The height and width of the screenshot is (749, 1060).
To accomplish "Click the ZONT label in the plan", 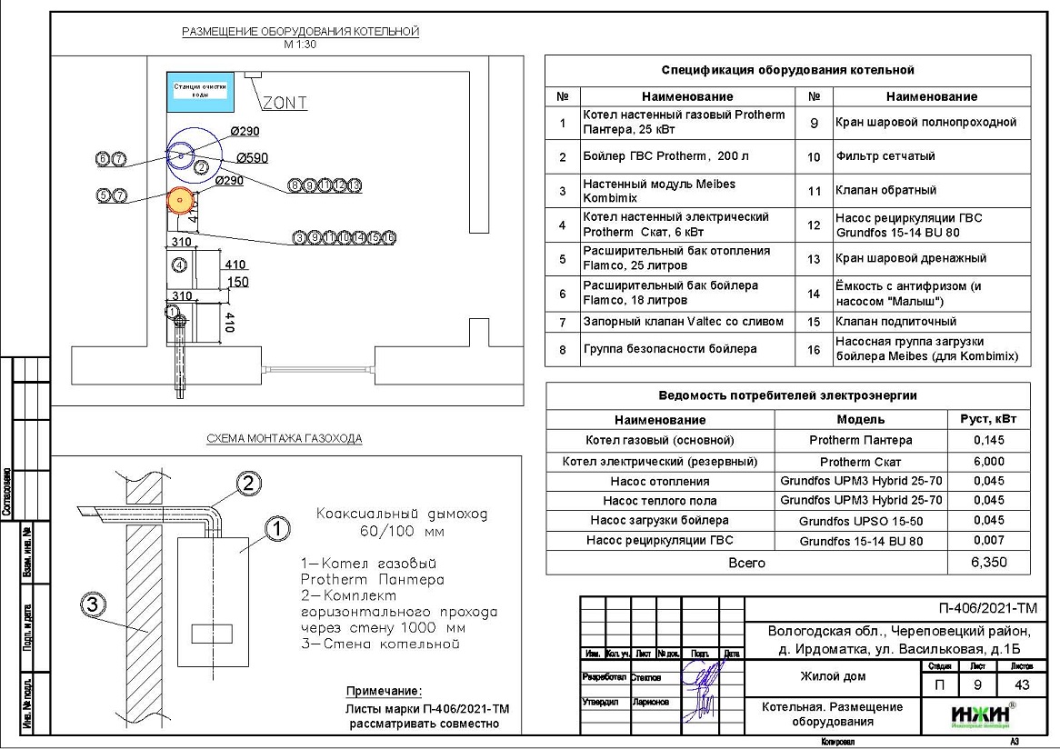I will pyautogui.click(x=284, y=103).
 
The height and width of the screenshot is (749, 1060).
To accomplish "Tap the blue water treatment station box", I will pyautogui.click(x=198, y=88).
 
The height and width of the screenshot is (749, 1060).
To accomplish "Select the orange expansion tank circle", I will pyautogui.click(x=180, y=199).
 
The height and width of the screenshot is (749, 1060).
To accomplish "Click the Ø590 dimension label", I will pyautogui.click(x=251, y=157).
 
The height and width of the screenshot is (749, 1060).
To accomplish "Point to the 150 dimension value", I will pyautogui.click(x=237, y=282).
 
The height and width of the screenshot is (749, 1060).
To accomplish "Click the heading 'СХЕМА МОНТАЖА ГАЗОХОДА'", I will pyautogui.click(x=285, y=438).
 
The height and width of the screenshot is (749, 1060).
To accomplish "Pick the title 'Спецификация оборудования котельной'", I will pyautogui.click(x=787, y=70).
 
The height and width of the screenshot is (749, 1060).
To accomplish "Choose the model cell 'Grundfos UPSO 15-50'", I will pyautogui.click(x=860, y=521).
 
